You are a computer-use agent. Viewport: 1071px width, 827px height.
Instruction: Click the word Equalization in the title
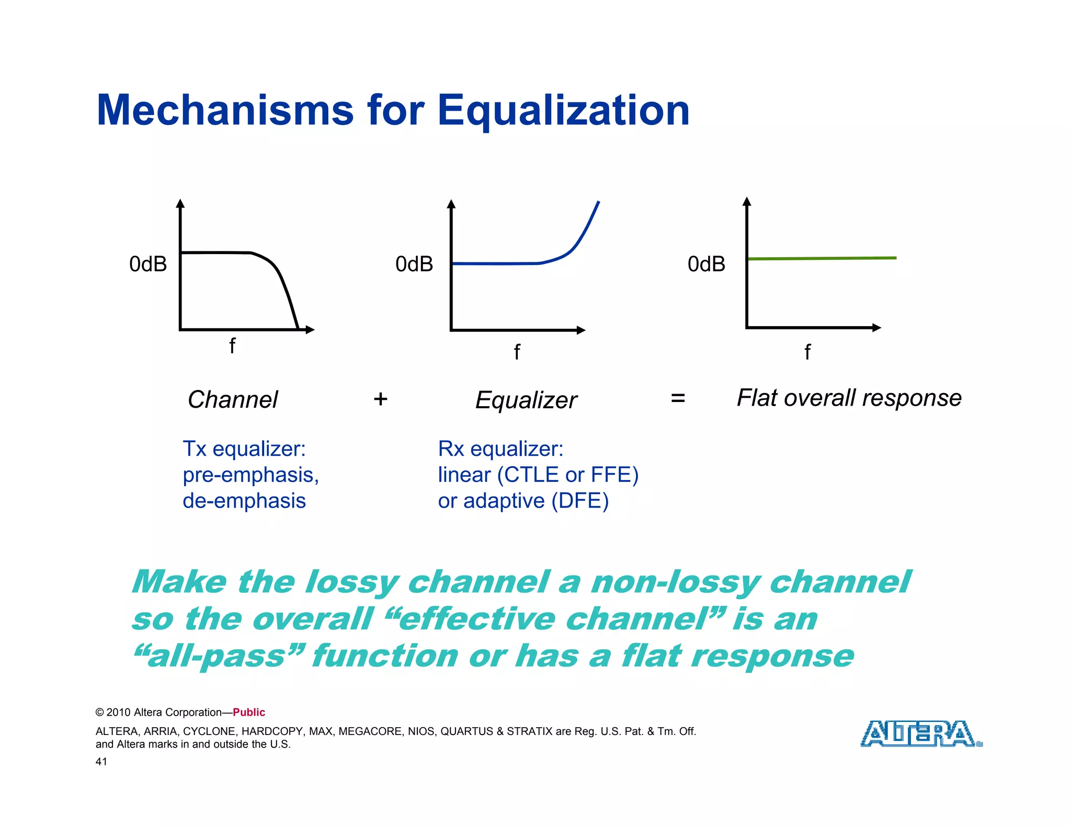tap(563, 110)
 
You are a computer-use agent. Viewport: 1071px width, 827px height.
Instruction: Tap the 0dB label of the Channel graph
tap(148, 264)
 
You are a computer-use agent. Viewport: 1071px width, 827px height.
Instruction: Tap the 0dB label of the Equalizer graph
tap(414, 264)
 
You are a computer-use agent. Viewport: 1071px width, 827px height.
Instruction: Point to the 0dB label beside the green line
tap(706, 264)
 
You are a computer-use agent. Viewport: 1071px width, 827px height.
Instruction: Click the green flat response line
tap(821, 258)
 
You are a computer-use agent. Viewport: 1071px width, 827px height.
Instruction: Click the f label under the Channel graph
tap(232, 346)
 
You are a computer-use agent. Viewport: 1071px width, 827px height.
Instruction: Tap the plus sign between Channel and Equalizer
tap(380, 399)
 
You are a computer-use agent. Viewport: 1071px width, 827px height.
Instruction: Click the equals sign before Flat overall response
tap(678, 398)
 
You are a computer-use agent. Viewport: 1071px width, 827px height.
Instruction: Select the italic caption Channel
tap(233, 400)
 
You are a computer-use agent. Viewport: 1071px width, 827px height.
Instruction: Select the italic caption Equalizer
tap(526, 400)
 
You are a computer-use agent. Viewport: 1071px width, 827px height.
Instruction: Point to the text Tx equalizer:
tap(244, 449)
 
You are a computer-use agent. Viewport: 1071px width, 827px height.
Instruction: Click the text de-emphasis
tap(244, 501)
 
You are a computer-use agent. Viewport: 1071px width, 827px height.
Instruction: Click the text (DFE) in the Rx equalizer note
tap(580, 501)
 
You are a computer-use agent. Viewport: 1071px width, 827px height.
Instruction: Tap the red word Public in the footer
tap(249, 712)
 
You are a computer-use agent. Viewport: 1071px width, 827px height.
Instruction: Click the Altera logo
tap(920, 733)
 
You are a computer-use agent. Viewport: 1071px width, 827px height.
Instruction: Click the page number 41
tap(101, 762)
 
